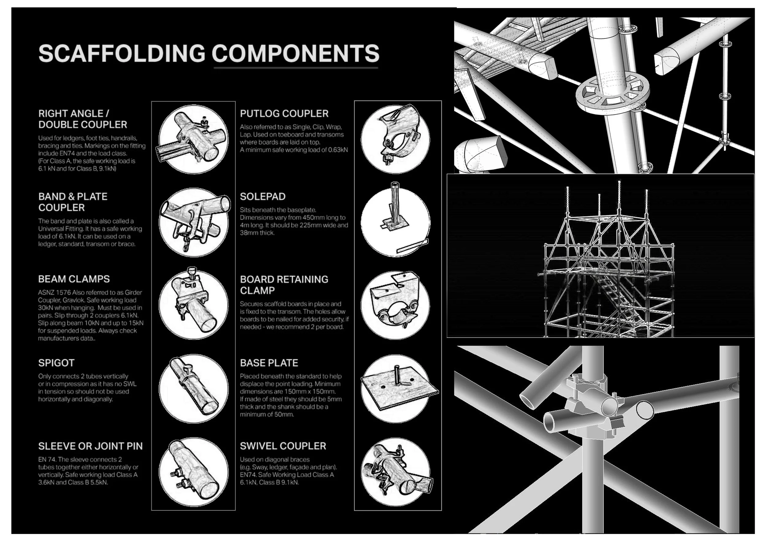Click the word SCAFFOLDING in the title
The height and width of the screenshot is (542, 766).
[x=122, y=53]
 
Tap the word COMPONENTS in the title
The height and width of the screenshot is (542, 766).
[x=296, y=53]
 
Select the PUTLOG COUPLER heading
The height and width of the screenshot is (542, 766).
[x=284, y=113]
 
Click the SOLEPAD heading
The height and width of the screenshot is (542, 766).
[x=263, y=196]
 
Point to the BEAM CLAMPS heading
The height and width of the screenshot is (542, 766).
[x=74, y=279]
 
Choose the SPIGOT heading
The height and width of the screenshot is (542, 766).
[x=56, y=363]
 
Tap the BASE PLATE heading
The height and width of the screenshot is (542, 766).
[x=269, y=363]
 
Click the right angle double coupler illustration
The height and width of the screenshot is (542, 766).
[x=194, y=139]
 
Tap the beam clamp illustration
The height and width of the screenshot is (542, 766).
[x=194, y=305]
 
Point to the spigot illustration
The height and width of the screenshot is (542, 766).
[x=194, y=389]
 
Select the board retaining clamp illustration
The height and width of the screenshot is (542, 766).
[x=396, y=305]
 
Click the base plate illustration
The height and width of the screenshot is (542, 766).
[x=397, y=389]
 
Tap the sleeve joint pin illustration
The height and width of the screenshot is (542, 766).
[x=194, y=471]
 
